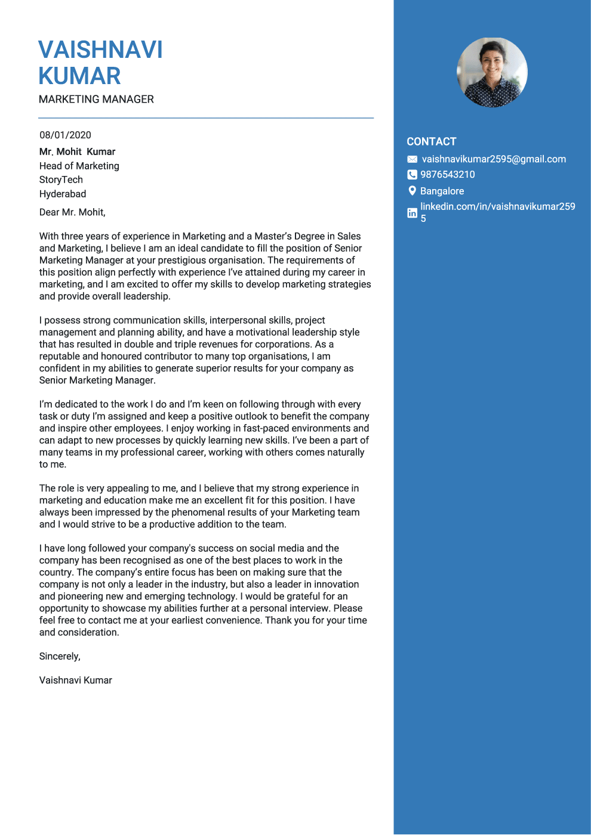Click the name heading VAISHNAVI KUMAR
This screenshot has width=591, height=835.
[x=100, y=63]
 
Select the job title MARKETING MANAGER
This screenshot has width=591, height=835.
[x=96, y=100]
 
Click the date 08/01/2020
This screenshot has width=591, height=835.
[x=65, y=135]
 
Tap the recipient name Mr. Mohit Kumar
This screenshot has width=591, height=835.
[x=77, y=152]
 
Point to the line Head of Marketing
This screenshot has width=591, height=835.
[x=79, y=166]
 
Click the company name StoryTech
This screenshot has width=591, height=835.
[x=61, y=180]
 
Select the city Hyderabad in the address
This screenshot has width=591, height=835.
[x=63, y=194]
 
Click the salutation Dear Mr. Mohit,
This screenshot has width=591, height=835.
[x=72, y=212]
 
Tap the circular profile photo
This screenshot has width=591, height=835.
[x=492, y=73]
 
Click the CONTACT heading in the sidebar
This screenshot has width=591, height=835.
[x=431, y=142]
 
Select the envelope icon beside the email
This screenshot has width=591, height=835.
[x=412, y=159]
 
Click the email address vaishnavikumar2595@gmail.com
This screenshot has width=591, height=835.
[x=494, y=159]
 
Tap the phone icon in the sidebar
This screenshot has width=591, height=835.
[x=412, y=175]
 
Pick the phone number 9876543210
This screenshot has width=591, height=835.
[x=447, y=175]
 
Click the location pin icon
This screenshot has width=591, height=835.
[x=412, y=191]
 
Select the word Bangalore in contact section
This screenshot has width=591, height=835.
[x=442, y=191]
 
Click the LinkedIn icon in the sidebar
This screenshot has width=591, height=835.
[x=412, y=213]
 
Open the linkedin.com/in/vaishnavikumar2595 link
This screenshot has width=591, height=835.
[x=497, y=207]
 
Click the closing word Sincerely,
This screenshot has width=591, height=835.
[x=60, y=657]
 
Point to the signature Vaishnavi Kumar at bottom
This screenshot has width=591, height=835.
[x=76, y=681]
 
